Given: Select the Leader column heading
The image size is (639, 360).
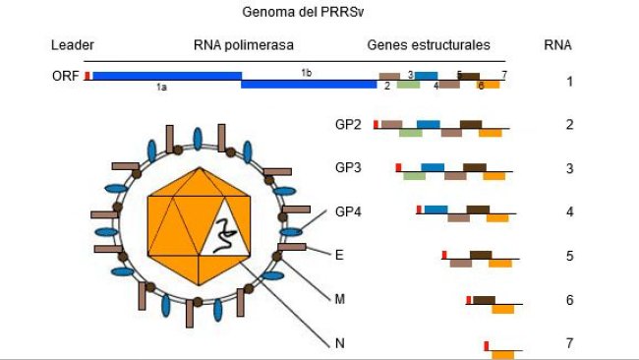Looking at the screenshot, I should (72, 45).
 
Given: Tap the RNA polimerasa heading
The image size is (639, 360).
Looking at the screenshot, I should (244, 45).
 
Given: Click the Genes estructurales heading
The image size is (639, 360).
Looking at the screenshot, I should (429, 45).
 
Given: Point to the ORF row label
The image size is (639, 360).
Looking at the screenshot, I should (65, 77).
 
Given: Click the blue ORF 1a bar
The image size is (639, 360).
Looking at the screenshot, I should (165, 76).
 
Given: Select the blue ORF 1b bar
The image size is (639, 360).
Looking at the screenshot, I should (308, 85).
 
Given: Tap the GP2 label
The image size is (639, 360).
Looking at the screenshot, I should (348, 125).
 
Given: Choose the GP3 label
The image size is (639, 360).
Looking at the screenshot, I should (348, 168).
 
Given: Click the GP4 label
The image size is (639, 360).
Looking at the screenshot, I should (348, 211).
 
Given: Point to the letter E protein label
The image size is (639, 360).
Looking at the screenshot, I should (339, 255).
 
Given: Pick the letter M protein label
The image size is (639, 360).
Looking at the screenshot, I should (339, 298).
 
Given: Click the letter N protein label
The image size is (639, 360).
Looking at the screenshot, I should (339, 342).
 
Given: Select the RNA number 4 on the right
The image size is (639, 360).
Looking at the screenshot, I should (569, 211).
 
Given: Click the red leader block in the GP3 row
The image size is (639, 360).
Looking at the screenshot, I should (398, 168).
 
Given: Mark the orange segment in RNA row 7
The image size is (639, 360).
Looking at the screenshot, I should (502, 353).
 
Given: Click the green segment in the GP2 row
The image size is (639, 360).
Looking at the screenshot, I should (410, 133).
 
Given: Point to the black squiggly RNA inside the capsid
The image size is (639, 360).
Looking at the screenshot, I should (225, 234).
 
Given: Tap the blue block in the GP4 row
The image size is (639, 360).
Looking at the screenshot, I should (436, 210).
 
